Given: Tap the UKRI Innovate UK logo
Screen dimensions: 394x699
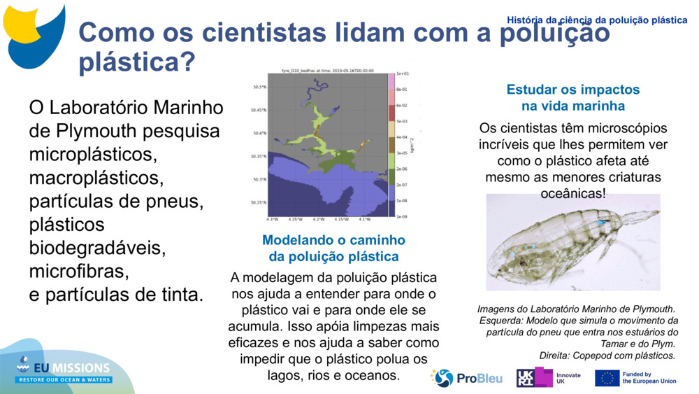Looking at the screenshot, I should (549, 378).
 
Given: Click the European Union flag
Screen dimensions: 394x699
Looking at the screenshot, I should (607, 378).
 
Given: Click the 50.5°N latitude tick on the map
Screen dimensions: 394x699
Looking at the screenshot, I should (259, 87).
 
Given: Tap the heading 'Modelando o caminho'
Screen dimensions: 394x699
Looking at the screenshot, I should (333, 240).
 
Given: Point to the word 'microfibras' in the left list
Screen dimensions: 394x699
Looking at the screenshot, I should (78, 271).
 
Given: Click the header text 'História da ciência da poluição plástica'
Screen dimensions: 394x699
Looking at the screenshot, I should (597, 20).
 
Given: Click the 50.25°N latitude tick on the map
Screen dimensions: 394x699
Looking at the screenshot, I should (259, 203).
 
